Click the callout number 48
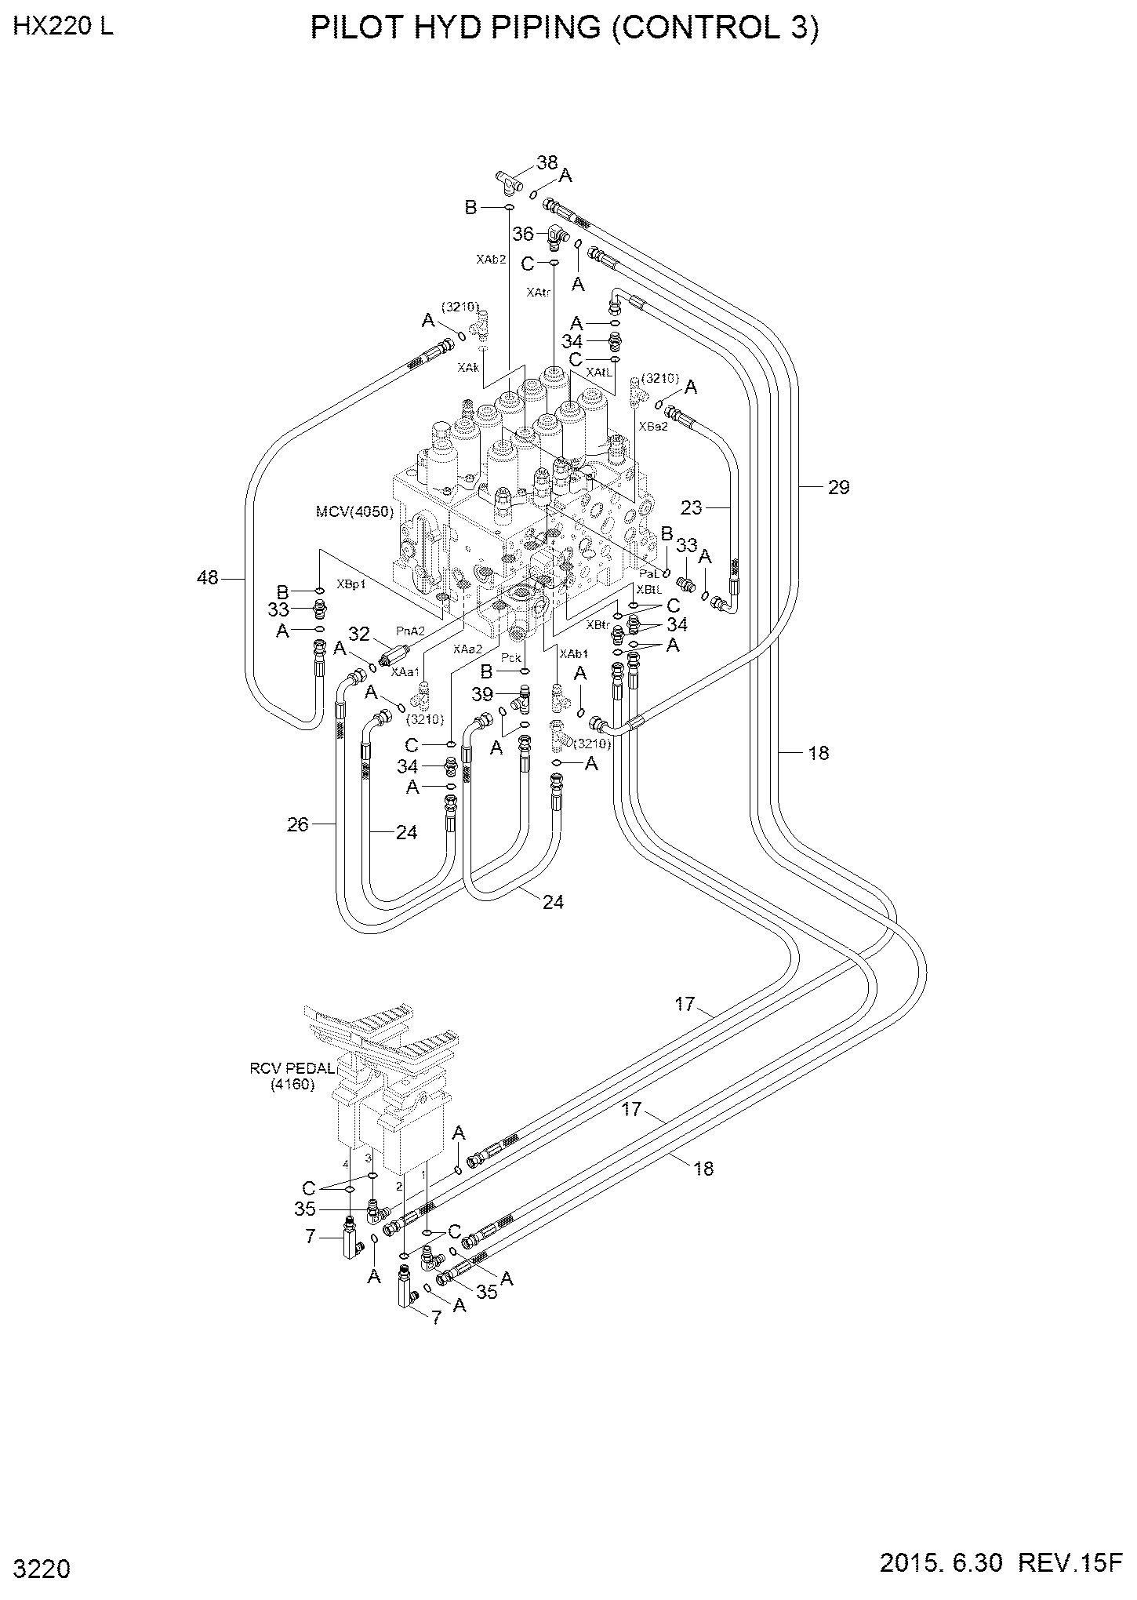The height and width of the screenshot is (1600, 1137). point(207,578)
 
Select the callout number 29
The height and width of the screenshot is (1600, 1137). point(838,487)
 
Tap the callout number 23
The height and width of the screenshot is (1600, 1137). point(692,508)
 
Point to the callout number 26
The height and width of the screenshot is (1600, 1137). point(299,824)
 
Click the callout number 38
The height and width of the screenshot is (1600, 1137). point(547,162)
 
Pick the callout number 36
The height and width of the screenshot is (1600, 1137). point(523,234)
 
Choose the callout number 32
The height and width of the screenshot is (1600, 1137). point(358,633)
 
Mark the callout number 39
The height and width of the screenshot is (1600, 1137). point(483,694)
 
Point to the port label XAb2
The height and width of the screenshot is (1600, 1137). point(491,258)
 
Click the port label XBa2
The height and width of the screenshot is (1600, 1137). point(653,427)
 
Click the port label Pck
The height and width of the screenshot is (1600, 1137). point(510,654)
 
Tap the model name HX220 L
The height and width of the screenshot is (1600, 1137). point(63,26)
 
